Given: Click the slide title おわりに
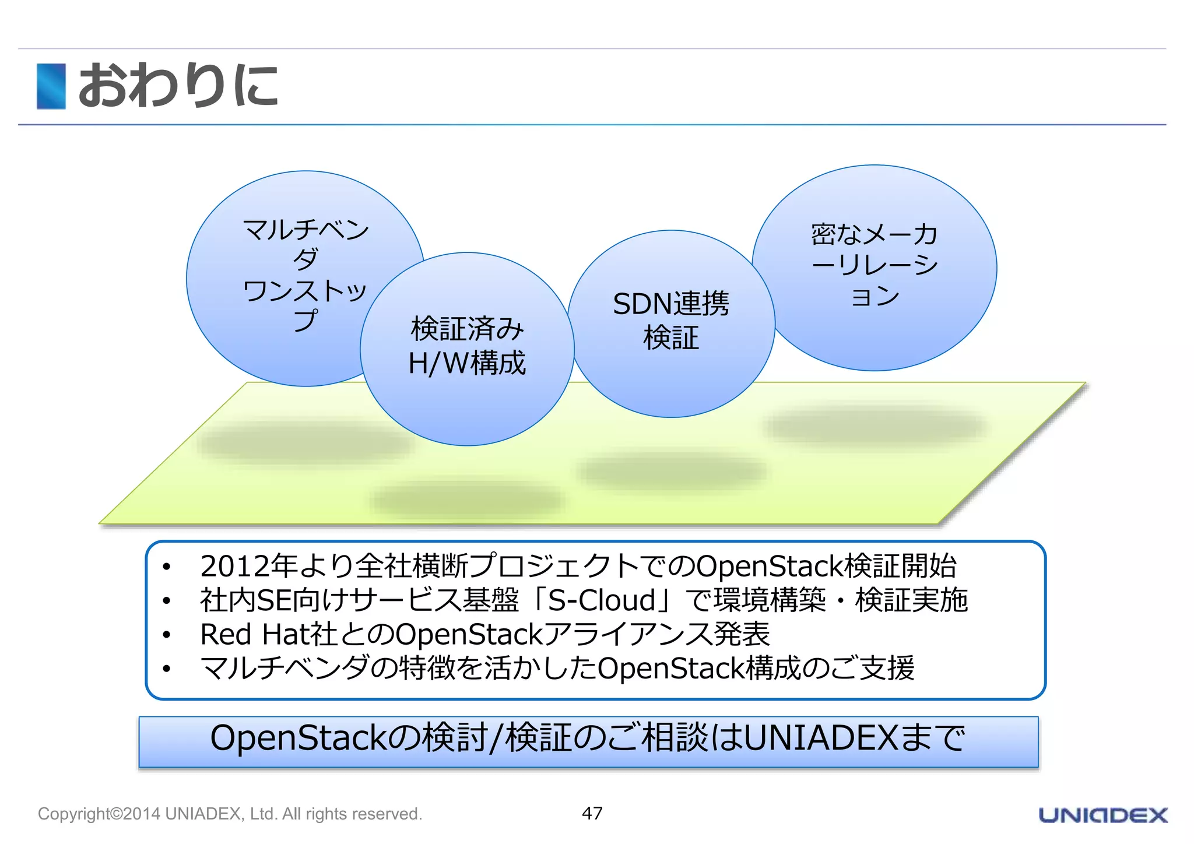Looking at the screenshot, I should point(178,86).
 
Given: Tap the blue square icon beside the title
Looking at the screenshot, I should point(51,86).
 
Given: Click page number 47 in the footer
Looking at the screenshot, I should point(592,813).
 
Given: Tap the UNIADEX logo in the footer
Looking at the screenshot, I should point(1103,815).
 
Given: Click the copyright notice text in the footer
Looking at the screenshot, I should point(230,814).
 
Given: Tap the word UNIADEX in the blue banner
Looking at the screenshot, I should point(821,738).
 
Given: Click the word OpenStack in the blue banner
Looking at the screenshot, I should point(298,738).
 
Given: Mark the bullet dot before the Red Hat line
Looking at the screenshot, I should point(167,635).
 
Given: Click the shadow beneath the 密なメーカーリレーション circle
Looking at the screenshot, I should point(875,425).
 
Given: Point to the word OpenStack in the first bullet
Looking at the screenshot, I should point(770,566).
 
